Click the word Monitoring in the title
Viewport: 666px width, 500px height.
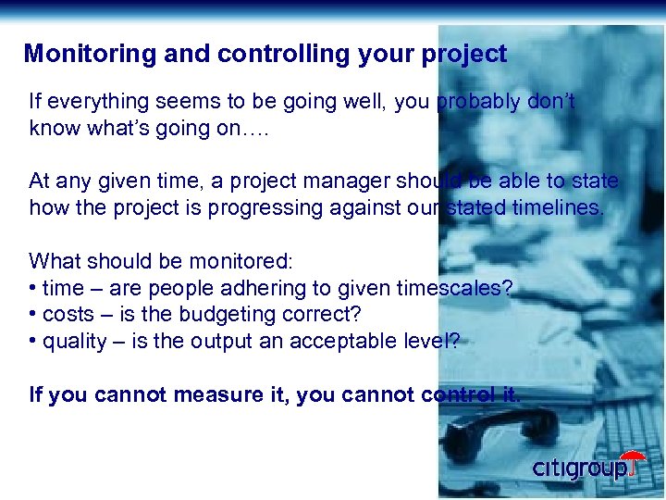(77, 54)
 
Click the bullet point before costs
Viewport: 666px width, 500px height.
(33, 315)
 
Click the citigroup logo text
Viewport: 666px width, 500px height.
(578, 469)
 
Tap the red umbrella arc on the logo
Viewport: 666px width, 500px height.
(634, 457)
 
